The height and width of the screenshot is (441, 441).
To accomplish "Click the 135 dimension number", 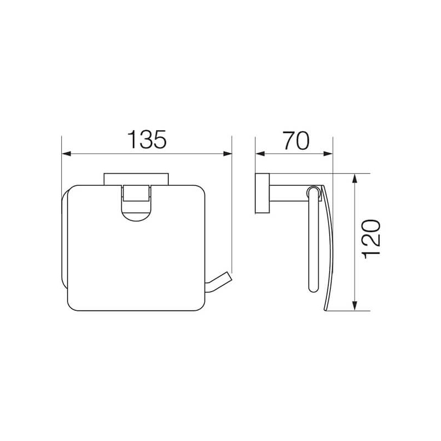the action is pyautogui.click(x=147, y=139).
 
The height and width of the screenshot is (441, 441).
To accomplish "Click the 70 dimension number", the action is pyautogui.click(x=296, y=141).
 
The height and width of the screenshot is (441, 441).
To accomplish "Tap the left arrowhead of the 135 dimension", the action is pyautogui.click(x=66, y=154).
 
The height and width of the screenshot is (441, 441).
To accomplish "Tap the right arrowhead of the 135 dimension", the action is pyautogui.click(x=228, y=154).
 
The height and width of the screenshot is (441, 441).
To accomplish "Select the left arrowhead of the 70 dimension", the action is pyautogui.click(x=260, y=154).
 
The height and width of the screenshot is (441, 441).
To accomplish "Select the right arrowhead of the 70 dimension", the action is pyautogui.click(x=328, y=154).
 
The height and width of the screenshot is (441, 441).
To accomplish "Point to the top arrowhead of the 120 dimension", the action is pyautogui.click(x=354, y=178).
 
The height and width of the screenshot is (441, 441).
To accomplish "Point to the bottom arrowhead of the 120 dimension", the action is pyautogui.click(x=354, y=306).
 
